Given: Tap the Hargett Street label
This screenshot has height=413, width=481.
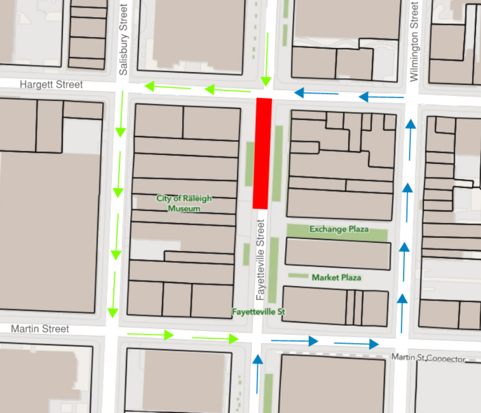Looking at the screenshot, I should (x=51, y=84).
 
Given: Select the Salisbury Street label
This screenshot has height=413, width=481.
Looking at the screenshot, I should (x=123, y=38).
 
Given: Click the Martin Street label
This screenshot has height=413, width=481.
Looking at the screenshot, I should (x=40, y=329).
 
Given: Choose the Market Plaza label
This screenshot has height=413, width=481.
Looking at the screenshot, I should (x=336, y=277).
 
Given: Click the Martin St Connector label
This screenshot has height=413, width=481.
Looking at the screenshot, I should (x=428, y=358).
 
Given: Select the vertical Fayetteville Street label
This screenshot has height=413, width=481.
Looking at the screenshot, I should (x=260, y=259).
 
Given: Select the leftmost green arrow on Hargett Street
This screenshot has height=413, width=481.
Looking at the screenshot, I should (x=159, y=87).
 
